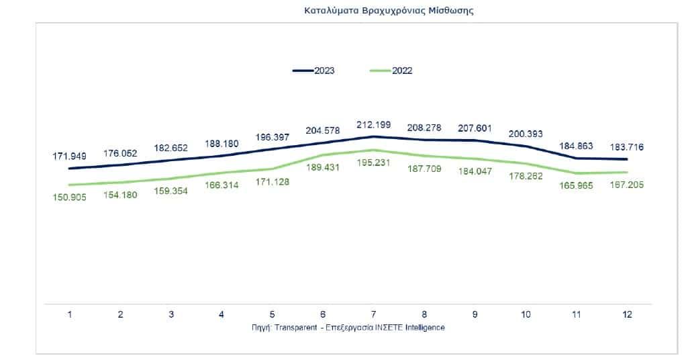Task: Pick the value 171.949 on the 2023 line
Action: point(70,156)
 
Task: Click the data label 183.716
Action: point(626,146)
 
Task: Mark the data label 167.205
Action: point(626,185)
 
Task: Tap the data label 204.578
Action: point(323,130)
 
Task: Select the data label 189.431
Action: point(323,168)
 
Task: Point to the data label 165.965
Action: point(576,186)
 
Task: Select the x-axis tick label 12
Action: point(627,314)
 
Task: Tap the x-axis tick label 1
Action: point(70,314)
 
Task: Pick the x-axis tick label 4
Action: point(222,314)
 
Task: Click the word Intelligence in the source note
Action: point(424,327)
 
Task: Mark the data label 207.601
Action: point(475,128)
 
